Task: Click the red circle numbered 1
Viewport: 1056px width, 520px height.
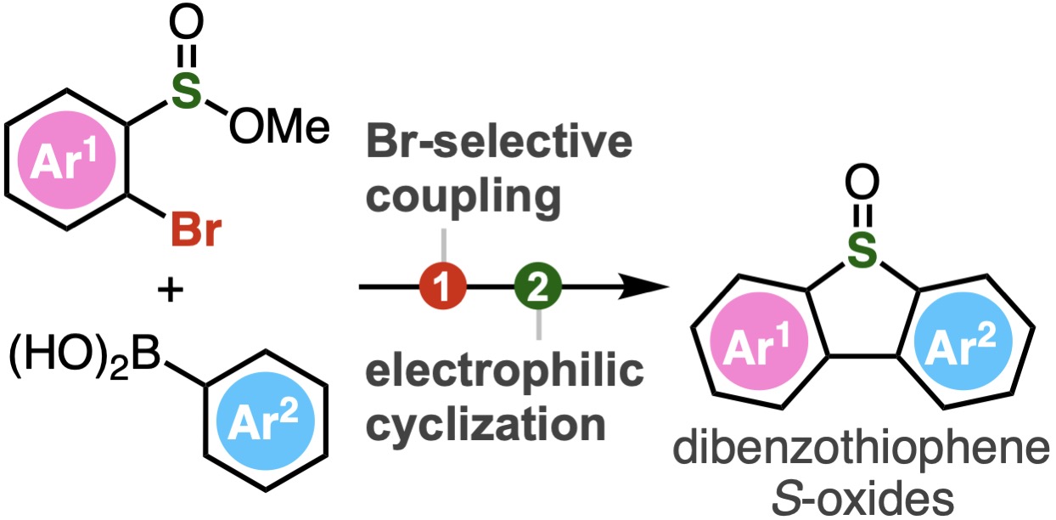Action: click(x=442, y=286)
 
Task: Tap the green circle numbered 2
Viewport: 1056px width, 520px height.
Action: click(x=538, y=286)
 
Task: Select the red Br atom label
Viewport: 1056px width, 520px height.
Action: click(x=196, y=231)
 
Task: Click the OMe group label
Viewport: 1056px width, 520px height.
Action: click(x=279, y=127)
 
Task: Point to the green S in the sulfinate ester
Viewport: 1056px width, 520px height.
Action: click(x=186, y=90)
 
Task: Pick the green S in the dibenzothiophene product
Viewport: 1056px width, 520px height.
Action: click(x=862, y=250)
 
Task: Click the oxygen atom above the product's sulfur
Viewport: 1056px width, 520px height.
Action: click(x=862, y=182)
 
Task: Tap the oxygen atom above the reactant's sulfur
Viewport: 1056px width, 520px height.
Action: click(x=186, y=22)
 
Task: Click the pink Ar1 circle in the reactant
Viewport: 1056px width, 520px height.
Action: click(x=66, y=160)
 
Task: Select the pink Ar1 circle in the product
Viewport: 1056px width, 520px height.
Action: click(x=759, y=341)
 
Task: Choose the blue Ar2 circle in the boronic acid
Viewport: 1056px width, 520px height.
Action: click(x=266, y=421)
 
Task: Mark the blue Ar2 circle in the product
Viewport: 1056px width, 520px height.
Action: click(x=963, y=341)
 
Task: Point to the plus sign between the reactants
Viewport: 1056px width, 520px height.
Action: click(x=170, y=290)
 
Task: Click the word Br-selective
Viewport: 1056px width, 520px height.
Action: click(x=499, y=142)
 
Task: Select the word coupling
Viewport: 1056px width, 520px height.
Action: click(x=463, y=198)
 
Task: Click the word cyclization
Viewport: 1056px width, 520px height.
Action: click(x=486, y=425)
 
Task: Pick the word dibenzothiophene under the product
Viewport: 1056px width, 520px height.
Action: click(x=862, y=449)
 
